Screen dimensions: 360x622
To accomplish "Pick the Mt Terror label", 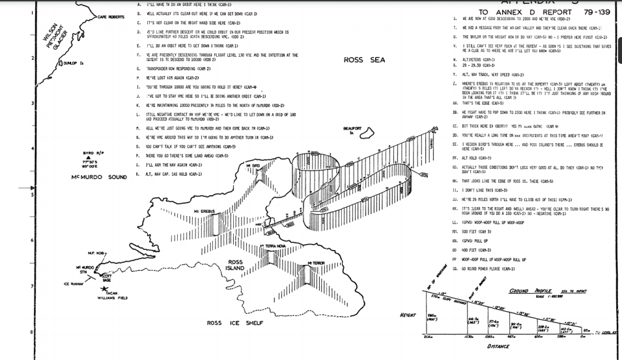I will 316,262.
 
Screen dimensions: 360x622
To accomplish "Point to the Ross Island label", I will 236,266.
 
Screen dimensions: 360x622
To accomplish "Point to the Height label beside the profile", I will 408,315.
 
